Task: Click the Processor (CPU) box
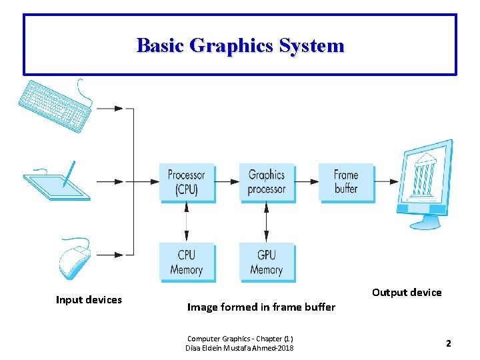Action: pos(187,182)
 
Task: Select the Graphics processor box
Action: pos(267,182)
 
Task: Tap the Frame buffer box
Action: pos(346,182)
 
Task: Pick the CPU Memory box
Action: pos(187,262)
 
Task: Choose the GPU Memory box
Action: pos(267,262)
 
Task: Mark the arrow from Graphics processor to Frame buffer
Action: pos(307,181)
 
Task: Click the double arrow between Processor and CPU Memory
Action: pos(187,222)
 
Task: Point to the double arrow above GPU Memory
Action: pos(267,222)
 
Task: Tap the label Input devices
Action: pos(89,300)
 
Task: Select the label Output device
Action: pos(407,292)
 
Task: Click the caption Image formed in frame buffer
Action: pos(261,307)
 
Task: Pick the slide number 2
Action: pos(449,343)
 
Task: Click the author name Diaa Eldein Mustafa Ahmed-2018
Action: pos(240,348)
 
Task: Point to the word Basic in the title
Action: pos(160,45)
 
